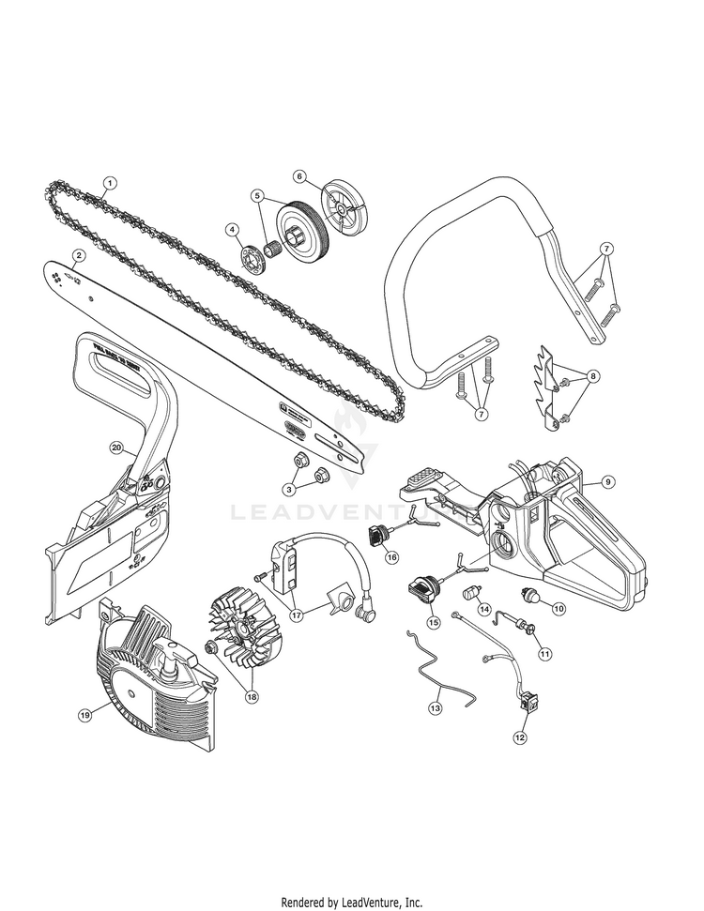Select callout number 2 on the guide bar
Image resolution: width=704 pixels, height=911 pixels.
(x=81, y=254)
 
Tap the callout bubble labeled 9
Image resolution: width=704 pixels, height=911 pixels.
(x=607, y=482)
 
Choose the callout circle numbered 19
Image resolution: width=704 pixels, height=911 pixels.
(x=85, y=715)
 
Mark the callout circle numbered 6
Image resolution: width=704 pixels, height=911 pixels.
(x=274, y=175)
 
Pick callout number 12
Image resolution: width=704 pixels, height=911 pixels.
(x=519, y=737)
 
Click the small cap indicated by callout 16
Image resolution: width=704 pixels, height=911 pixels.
(x=380, y=536)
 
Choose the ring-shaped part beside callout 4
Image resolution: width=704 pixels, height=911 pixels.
(x=252, y=257)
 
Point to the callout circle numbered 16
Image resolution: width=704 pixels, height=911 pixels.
(x=391, y=557)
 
